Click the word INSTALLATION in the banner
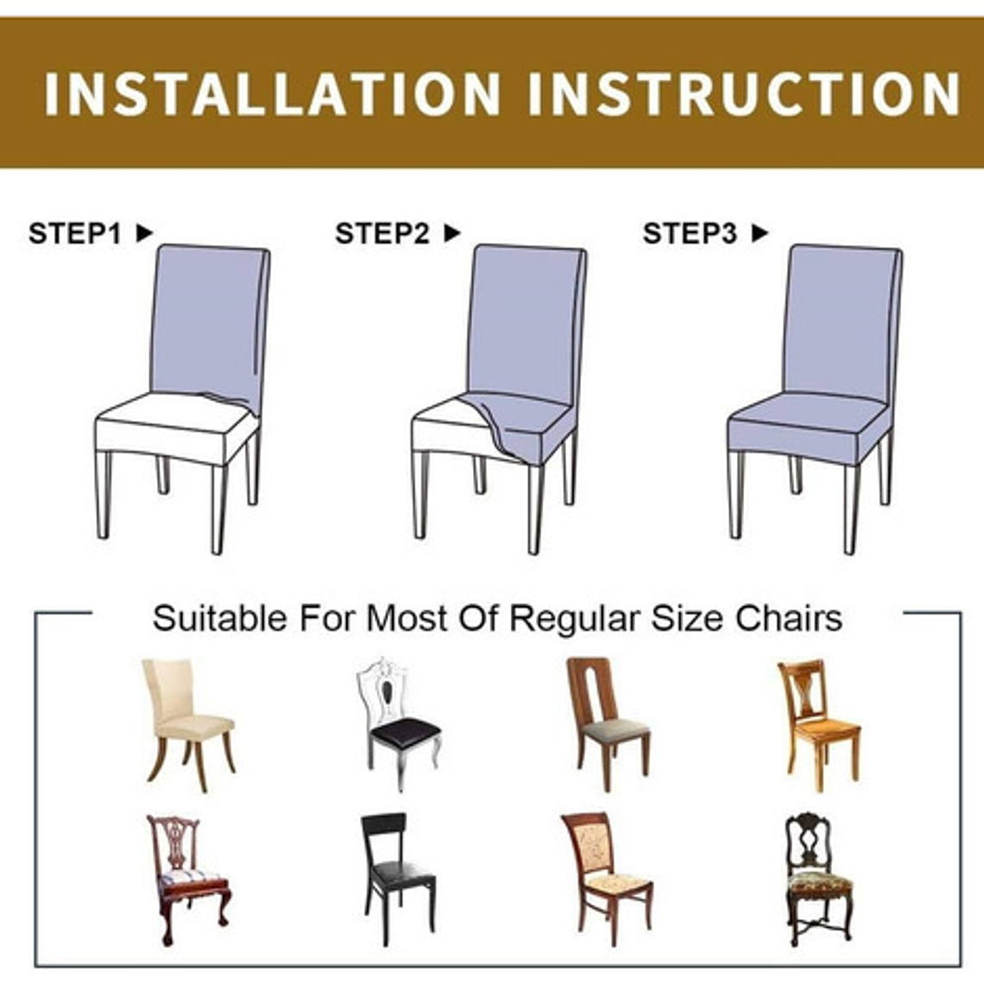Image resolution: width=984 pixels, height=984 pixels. click(x=273, y=93)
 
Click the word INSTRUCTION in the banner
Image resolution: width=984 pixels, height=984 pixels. click(x=744, y=93)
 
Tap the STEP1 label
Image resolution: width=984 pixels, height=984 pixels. click(x=75, y=233)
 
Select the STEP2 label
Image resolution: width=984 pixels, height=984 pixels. click(x=382, y=233)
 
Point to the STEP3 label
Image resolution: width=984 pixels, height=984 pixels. click(x=690, y=233)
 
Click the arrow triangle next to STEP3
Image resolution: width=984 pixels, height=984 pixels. click(x=760, y=233)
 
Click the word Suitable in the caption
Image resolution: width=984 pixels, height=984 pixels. click(x=219, y=618)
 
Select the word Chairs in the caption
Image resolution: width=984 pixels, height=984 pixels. click(x=789, y=618)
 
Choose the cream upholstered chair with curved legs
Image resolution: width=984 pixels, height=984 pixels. click(x=187, y=725)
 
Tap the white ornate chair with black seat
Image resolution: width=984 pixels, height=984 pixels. click(x=399, y=725)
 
